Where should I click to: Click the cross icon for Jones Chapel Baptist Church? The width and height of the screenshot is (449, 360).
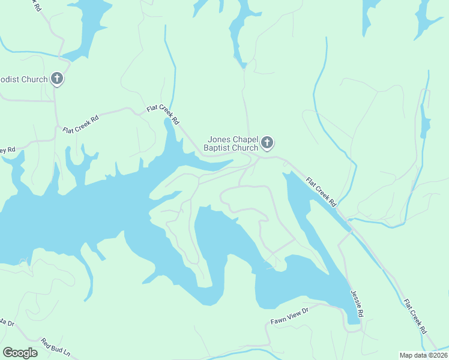[267, 143]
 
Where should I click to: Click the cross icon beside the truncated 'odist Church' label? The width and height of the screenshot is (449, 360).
[57, 78]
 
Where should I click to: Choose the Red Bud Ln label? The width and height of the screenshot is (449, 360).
[56, 349]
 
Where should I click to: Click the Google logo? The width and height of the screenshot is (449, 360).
[20, 353]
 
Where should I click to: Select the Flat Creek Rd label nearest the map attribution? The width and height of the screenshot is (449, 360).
[415, 316]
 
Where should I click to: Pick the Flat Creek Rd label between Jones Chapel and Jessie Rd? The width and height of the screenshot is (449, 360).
[322, 193]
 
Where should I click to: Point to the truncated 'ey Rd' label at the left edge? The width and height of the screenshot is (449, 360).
[7, 148]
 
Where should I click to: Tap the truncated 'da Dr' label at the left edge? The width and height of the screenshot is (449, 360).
[7, 322]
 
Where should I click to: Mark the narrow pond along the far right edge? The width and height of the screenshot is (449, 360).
[426, 123]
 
